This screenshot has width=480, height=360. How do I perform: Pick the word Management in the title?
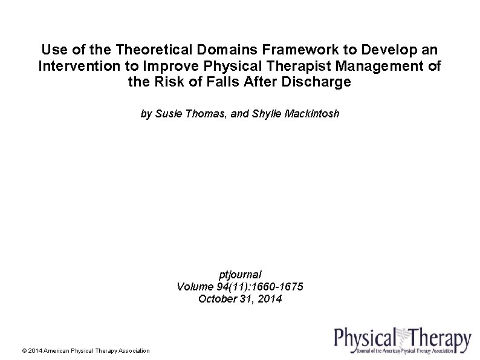(378, 65)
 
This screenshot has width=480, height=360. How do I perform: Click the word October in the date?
(216, 298)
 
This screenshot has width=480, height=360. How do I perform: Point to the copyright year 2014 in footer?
(34, 351)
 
